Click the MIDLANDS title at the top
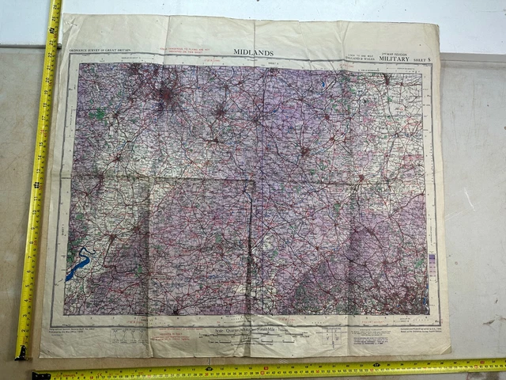pyautogui.click(x=254, y=53)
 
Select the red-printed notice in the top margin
pyautogui.click(x=190, y=50)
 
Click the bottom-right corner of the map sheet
pyautogui.click(x=449, y=351)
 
